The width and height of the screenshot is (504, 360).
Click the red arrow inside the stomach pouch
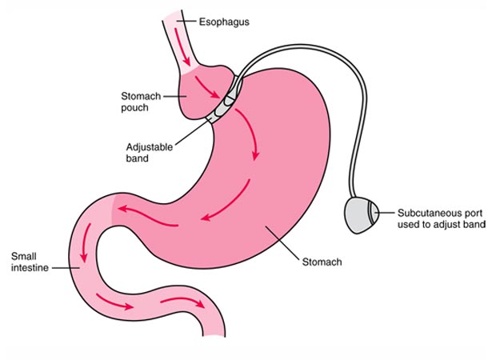[214, 98]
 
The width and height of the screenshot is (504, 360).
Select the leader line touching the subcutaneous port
[386, 214]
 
